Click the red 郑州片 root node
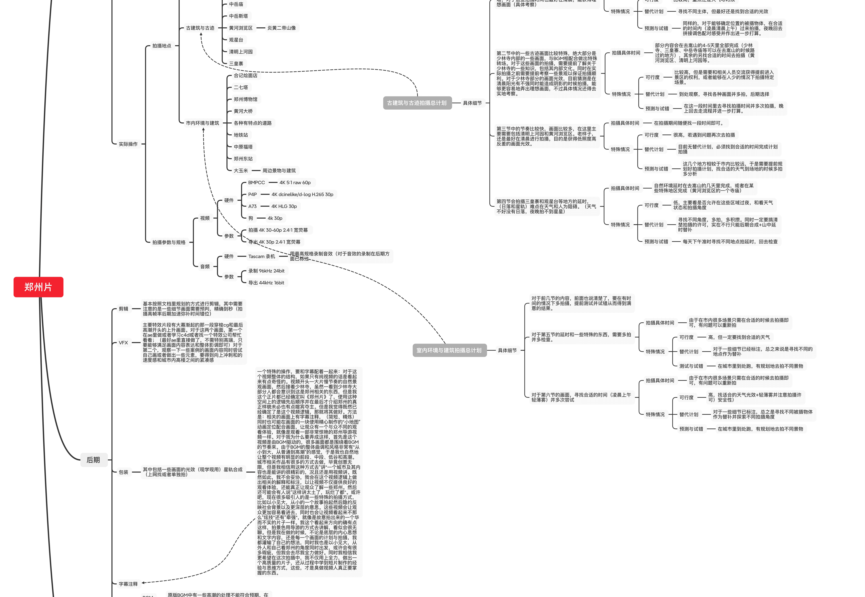pos(38,287)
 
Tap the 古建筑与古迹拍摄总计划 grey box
pos(417,103)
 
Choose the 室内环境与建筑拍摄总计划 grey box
pos(449,350)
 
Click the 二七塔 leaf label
pos(241,87)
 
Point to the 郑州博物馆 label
pos(245,99)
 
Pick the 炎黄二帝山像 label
pos(281,28)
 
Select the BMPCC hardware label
pos(256,183)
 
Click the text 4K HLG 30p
pos(284,206)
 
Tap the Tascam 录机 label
pos(262,256)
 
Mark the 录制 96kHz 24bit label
pos(266,271)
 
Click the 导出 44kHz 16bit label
pos(266,283)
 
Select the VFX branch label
pos(123,343)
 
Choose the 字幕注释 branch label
pos(128,584)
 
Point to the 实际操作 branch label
pos(128,144)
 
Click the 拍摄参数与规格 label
pos(169,242)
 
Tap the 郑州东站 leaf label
pos(243,159)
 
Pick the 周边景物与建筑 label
pos(279,171)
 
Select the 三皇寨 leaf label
pos(236,64)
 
